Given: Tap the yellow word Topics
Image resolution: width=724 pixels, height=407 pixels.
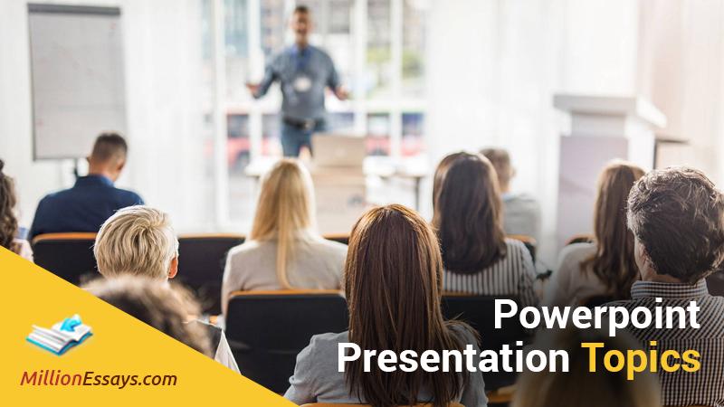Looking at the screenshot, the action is pos(641,358).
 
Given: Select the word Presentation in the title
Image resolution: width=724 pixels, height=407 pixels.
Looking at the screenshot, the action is pos(453,358).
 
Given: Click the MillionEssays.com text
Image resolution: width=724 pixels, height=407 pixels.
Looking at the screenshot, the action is pos(99,379).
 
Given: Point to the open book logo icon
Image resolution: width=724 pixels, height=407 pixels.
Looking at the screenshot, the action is pos(59,335).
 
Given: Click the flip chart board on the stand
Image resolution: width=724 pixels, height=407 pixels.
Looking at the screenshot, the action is pos(77,80).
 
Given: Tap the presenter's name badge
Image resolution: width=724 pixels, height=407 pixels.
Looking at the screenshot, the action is pos(302,83).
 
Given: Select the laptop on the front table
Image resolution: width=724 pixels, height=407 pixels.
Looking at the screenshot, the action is pos(338,151).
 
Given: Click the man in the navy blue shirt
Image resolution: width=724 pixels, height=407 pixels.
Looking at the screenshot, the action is pos(85,191).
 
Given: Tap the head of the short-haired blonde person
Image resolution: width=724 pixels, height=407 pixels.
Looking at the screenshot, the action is pos(137,242).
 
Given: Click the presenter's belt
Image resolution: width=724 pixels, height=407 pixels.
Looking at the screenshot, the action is pos(303,123).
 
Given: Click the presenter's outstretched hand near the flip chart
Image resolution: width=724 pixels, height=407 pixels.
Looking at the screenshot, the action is pos(252,89).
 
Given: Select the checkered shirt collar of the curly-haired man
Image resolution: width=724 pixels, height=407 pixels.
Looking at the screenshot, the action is pos(670,289).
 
